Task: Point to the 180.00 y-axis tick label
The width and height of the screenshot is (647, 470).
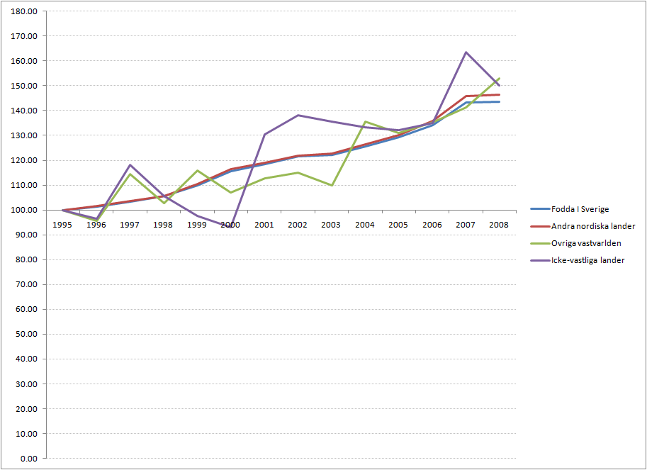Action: [x=25, y=11]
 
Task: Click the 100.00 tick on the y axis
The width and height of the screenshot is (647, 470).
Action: [x=25, y=211]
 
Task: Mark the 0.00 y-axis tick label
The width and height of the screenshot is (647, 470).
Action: [x=28, y=459]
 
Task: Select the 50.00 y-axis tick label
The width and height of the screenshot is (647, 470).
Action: [x=26, y=335]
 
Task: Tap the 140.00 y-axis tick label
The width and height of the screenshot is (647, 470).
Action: [x=25, y=111]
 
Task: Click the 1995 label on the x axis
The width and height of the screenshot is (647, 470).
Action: [x=63, y=224]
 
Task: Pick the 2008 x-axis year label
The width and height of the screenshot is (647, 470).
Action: [x=500, y=224]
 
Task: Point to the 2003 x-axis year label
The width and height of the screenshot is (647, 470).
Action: [x=332, y=224]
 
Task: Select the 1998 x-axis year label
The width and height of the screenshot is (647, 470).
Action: [x=164, y=224]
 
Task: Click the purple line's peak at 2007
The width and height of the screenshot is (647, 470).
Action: [x=466, y=52]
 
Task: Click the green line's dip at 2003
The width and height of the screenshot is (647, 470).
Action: [x=332, y=185]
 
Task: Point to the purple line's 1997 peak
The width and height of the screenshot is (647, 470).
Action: [x=130, y=165]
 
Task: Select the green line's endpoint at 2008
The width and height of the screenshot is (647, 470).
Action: [x=500, y=78]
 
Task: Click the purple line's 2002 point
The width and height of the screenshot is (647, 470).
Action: [x=298, y=115]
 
